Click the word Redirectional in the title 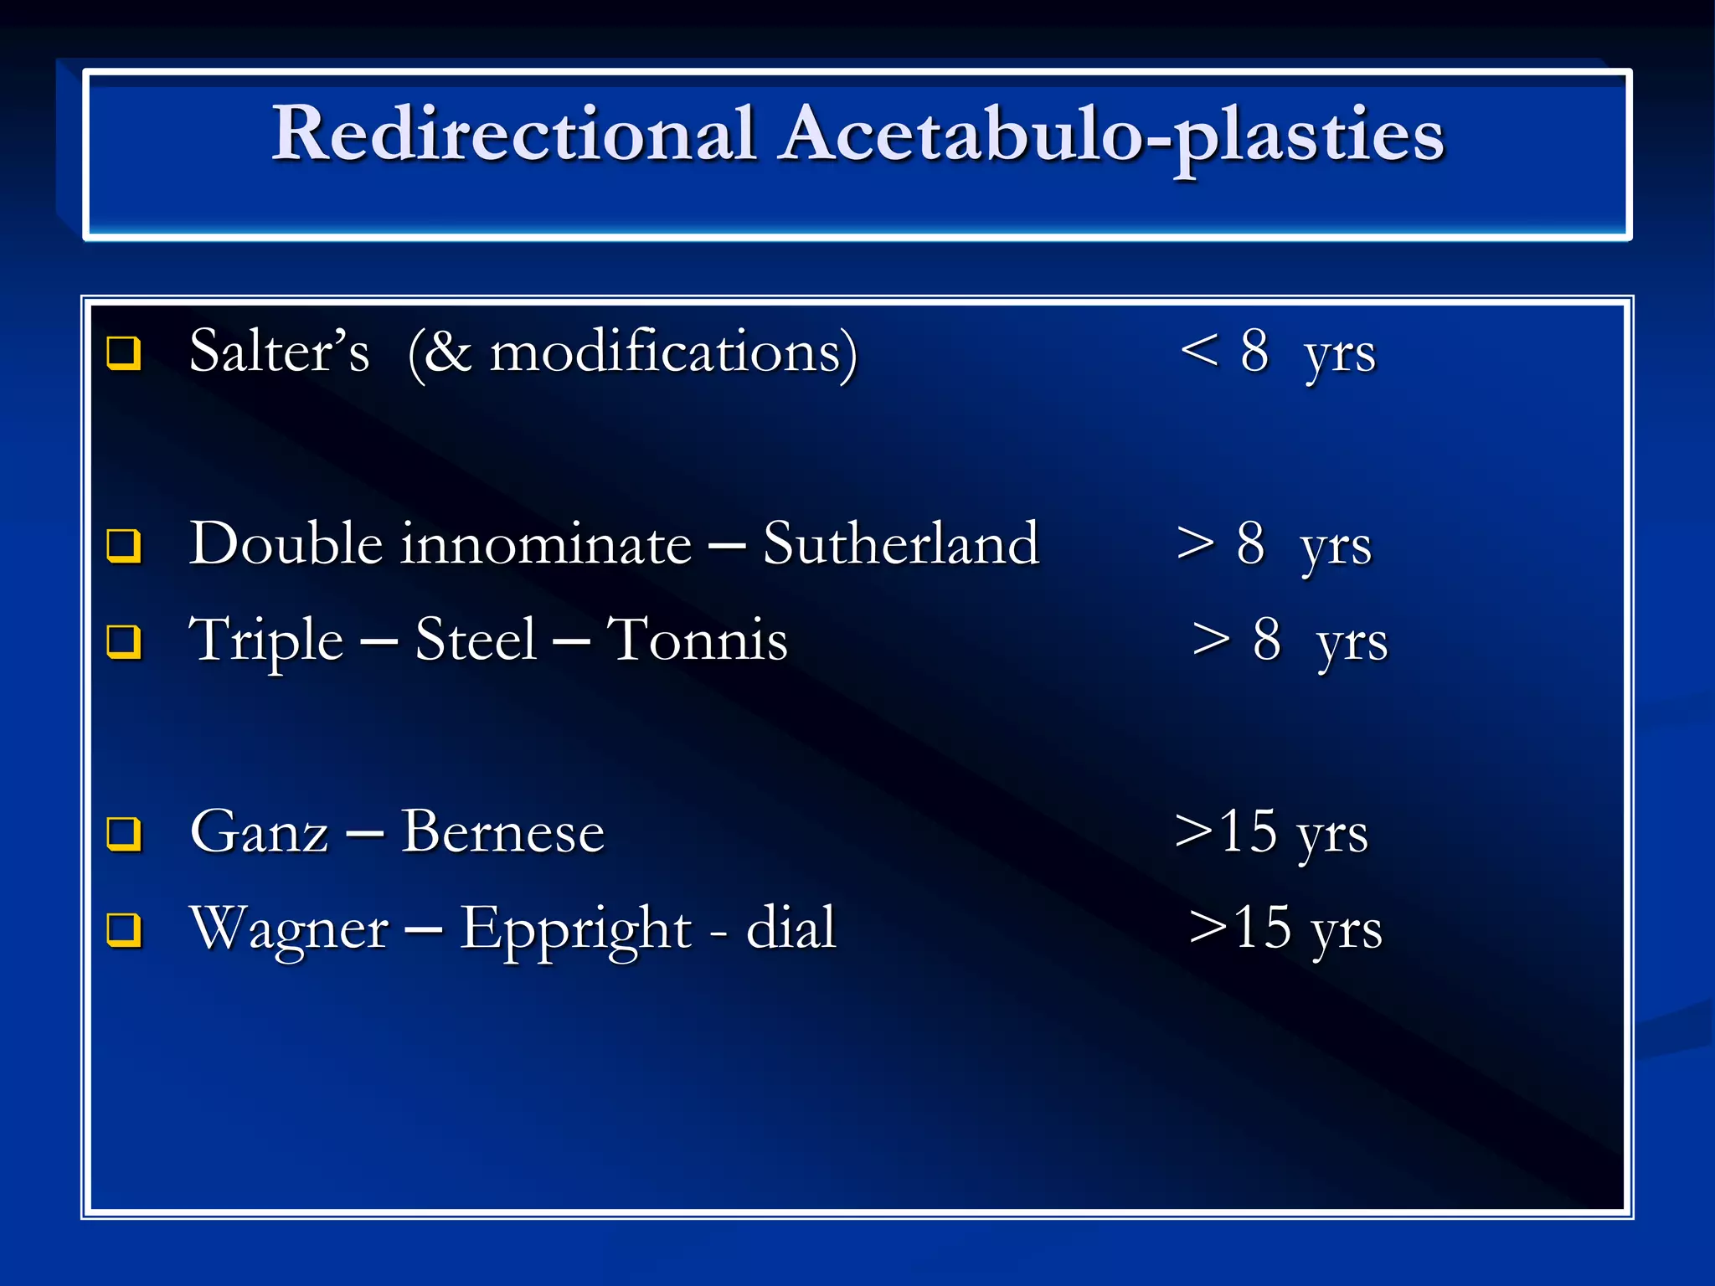[x=514, y=134]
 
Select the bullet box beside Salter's [x=124, y=352]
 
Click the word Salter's [x=279, y=352]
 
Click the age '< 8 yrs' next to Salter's [x=1277, y=352]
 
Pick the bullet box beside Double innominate [x=124, y=545]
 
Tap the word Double [x=286, y=544]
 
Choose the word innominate [x=546, y=544]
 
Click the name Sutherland [x=901, y=544]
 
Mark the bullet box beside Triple [x=124, y=641]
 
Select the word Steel [x=475, y=640]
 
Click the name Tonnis [x=697, y=640]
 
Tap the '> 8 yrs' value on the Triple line [x=1290, y=641]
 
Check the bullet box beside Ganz [x=124, y=833]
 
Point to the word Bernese [x=502, y=833]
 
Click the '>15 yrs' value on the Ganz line [x=1271, y=833]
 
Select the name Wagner [x=289, y=929]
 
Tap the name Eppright [x=575, y=929]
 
